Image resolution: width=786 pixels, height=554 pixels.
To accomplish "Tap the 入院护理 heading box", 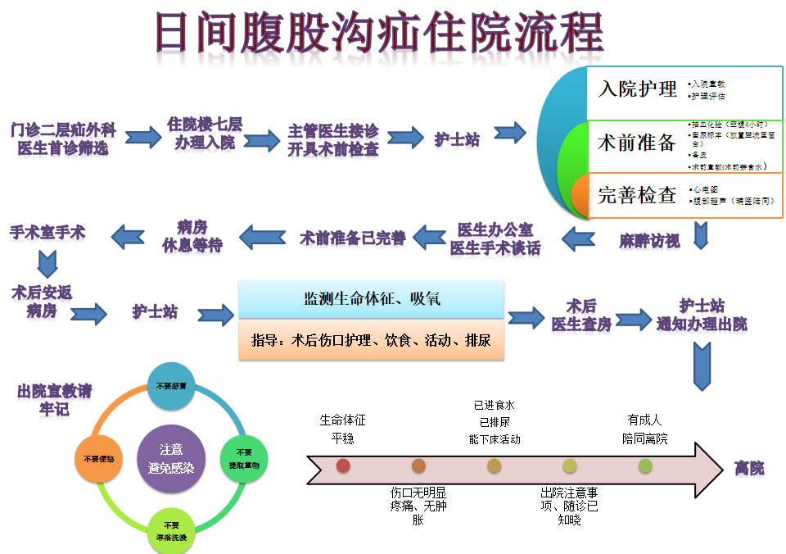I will point(638,89).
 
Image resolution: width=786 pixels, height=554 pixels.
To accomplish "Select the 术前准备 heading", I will point(637,143).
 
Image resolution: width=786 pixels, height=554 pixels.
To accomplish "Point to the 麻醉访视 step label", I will point(649,241).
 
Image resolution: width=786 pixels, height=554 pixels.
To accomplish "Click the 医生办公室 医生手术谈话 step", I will point(495,238).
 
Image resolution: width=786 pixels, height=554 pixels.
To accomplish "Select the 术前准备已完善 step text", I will point(352,238).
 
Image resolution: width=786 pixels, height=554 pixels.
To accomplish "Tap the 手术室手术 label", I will point(47,233).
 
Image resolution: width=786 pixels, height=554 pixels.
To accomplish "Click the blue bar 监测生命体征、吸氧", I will point(371,299).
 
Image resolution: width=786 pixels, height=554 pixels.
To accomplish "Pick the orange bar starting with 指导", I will point(371,340).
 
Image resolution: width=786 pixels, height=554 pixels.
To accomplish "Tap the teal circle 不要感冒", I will point(171,385).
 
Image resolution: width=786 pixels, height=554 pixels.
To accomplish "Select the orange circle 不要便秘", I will point(99,459).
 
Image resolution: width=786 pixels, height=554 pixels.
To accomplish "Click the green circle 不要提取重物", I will point(244,458).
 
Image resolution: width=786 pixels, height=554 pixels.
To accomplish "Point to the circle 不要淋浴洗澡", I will point(171,529).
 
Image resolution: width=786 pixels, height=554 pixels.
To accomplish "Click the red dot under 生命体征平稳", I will point(343,465).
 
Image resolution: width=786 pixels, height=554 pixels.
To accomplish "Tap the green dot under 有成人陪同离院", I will point(645,465).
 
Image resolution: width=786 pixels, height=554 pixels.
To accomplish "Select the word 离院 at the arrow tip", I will point(749,468).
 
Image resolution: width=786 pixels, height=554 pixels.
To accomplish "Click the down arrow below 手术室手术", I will point(47,263).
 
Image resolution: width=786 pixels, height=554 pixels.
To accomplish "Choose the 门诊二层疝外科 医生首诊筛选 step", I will point(63,139).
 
